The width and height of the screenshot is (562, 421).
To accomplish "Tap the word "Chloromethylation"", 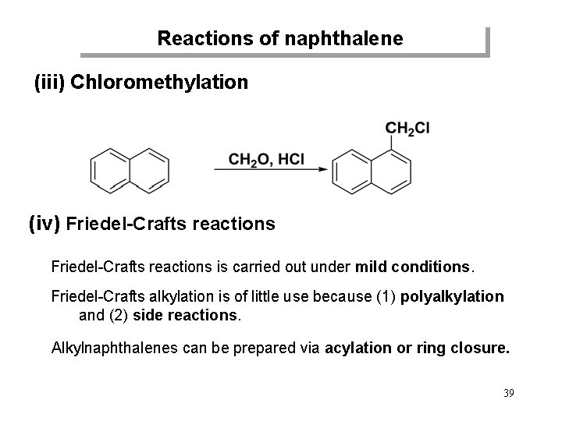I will click(159, 82).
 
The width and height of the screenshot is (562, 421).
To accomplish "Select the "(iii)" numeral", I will click(48, 82).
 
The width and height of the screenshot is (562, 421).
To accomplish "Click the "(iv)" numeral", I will click(44, 225).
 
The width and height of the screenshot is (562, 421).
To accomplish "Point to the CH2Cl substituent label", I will click(407, 129).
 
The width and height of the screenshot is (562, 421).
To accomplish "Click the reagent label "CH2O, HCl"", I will click(266, 159).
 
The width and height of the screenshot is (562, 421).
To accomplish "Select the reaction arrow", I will click(269, 170).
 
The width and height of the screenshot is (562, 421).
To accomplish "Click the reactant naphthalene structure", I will click(130, 168).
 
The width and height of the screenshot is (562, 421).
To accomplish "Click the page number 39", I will click(508, 392).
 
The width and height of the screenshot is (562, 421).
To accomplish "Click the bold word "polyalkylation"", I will click(452, 297).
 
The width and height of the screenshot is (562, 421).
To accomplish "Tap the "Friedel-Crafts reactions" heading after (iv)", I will click(170, 225).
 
